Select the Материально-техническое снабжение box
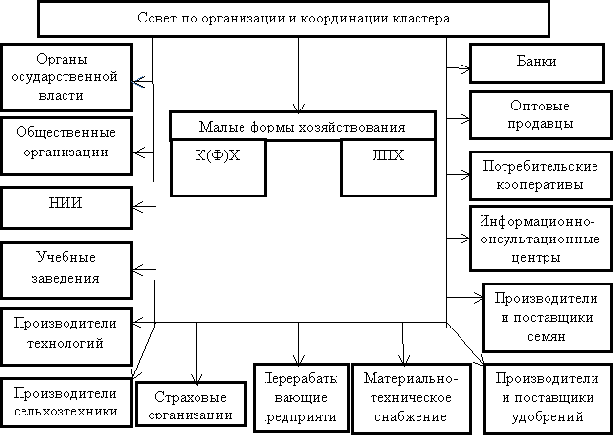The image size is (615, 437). (x=404, y=397)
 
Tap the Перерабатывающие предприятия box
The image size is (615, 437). (x=301, y=397)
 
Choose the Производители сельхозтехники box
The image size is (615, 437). (x=65, y=401)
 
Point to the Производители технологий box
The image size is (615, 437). (x=65, y=333)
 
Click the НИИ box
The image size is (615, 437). (x=65, y=206)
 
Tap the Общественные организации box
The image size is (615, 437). (x=65, y=144)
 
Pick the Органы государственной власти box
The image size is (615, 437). (x=65, y=76)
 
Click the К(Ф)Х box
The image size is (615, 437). (x=219, y=166)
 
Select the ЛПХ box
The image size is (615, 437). (x=387, y=166)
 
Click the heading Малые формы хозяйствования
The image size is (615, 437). (x=301, y=126)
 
